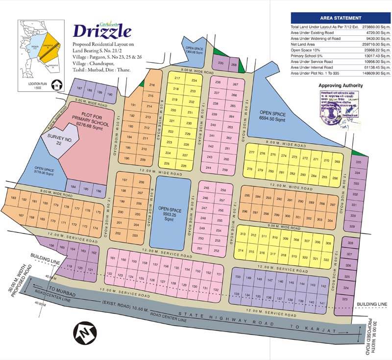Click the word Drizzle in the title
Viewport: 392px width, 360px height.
102,31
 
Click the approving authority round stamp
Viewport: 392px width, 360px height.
327,114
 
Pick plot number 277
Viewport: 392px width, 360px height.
252,153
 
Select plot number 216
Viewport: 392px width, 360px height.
151,85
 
